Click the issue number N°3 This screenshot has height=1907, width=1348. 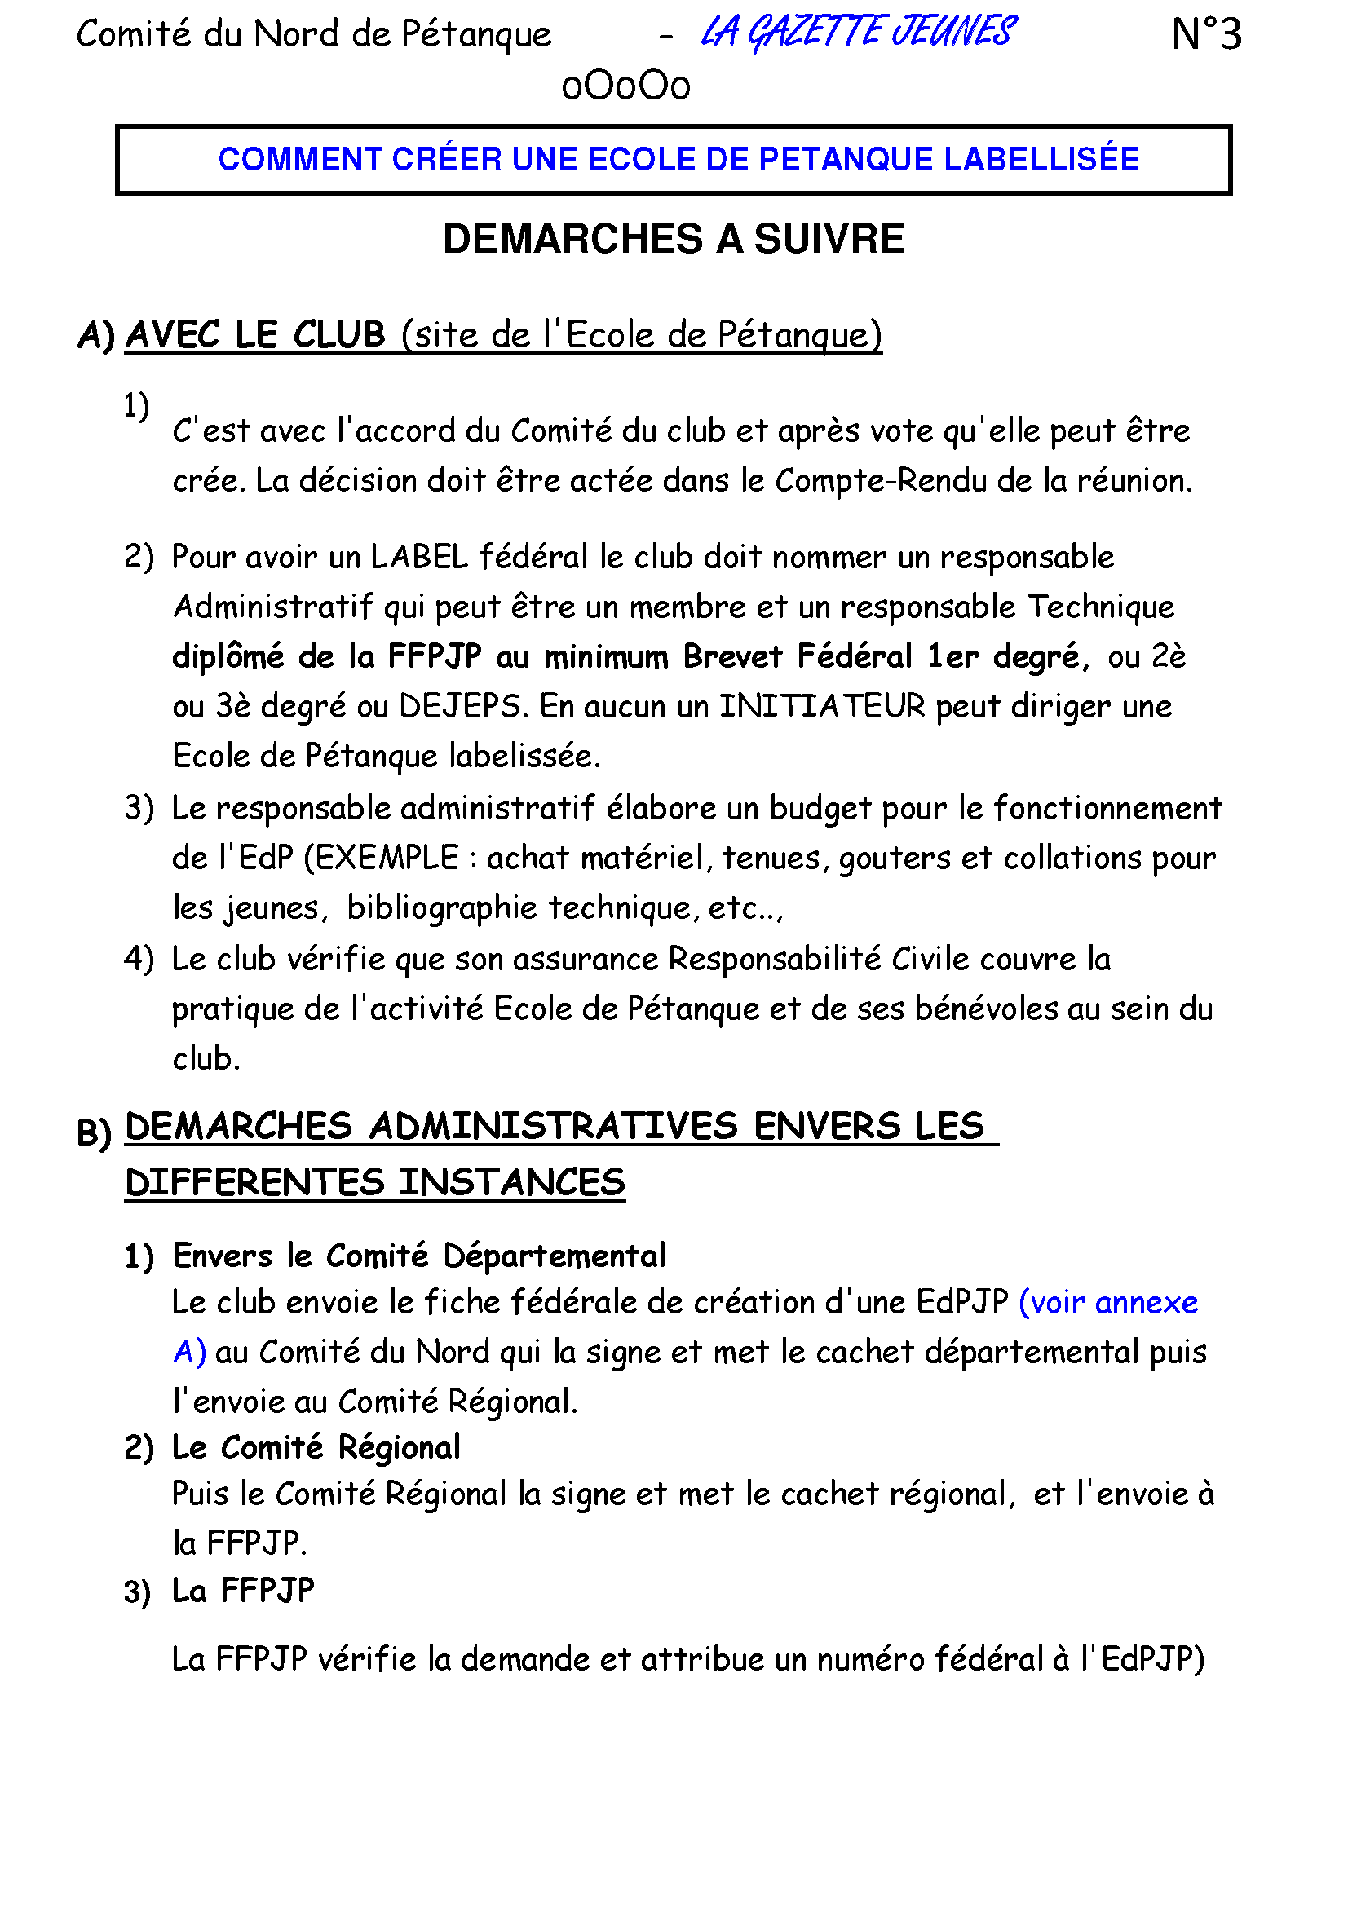pos(1206,35)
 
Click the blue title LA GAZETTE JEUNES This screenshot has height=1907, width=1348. pos(857,33)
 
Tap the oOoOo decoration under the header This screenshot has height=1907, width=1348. pos(625,86)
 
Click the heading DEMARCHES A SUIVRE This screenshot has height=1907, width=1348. pos(673,239)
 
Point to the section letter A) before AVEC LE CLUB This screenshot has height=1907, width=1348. pos(95,337)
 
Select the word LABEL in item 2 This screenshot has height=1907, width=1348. pos(419,558)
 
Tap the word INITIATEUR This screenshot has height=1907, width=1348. pos(822,707)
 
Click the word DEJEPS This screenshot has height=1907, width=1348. pos(460,707)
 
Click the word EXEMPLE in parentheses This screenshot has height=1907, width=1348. pos(387,858)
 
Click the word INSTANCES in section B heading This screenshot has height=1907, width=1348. pos(511,1183)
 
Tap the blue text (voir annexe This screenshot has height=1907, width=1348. pos(1108,1302)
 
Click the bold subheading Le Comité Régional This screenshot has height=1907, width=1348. pos(316,1448)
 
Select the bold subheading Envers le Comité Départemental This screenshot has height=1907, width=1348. pos(418,1256)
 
